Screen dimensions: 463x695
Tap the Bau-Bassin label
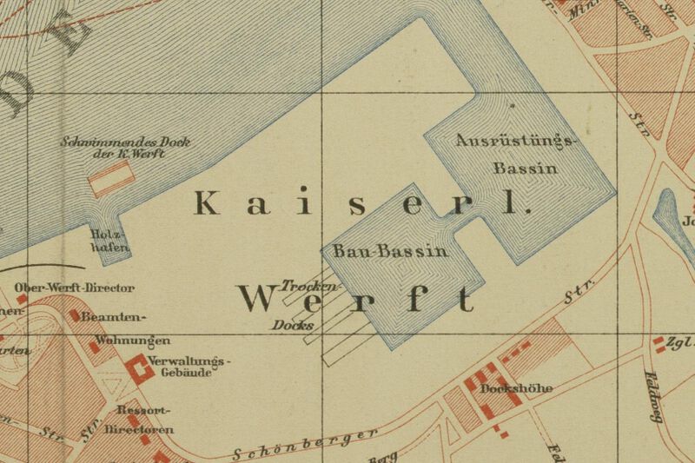pyautogui.click(x=390, y=252)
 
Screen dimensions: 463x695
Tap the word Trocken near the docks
pyautogui.click(x=309, y=286)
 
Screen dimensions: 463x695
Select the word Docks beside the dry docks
pyautogui.click(x=292, y=326)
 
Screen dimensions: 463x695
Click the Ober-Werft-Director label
pyautogui.click(x=75, y=288)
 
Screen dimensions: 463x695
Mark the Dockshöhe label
pyautogui.click(x=516, y=388)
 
